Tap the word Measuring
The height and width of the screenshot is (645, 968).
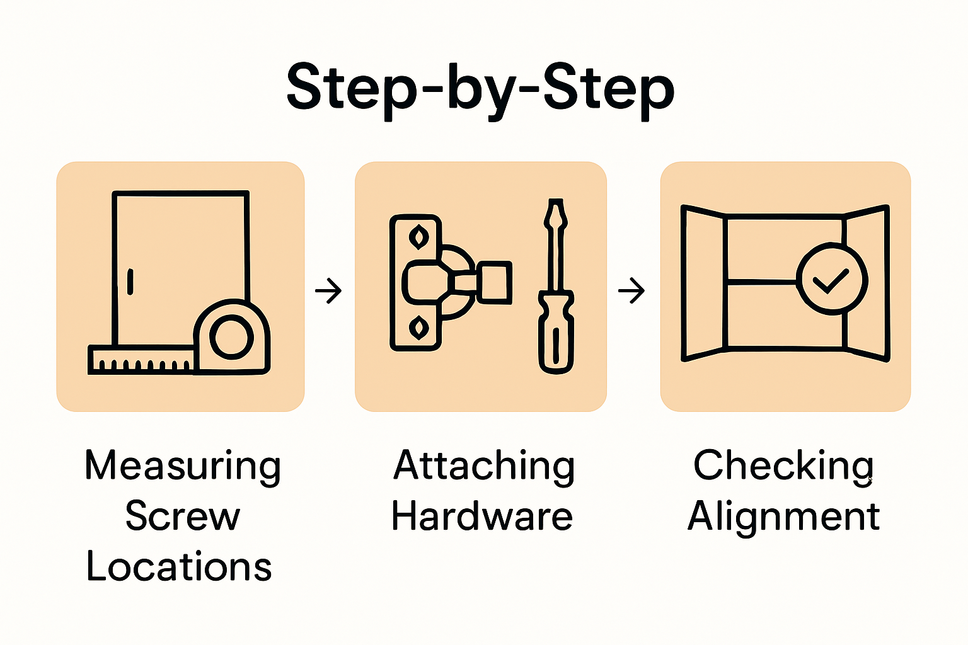(x=183, y=466)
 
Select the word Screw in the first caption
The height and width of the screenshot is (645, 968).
(x=183, y=517)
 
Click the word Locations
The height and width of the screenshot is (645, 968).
(x=179, y=566)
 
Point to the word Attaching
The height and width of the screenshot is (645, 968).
(x=483, y=466)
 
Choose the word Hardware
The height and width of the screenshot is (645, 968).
(x=482, y=517)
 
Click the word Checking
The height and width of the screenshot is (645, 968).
(x=783, y=466)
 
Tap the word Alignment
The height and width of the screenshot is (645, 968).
(x=783, y=517)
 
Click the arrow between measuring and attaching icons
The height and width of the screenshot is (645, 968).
(x=328, y=291)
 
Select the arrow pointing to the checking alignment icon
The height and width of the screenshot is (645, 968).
(x=631, y=291)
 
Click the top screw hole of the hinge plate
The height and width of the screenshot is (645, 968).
(x=417, y=237)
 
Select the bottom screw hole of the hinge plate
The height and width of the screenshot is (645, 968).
(x=417, y=328)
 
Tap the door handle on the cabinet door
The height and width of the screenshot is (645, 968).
(x=130, y=282)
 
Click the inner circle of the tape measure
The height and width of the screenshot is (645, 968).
(x=231, y=337)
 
